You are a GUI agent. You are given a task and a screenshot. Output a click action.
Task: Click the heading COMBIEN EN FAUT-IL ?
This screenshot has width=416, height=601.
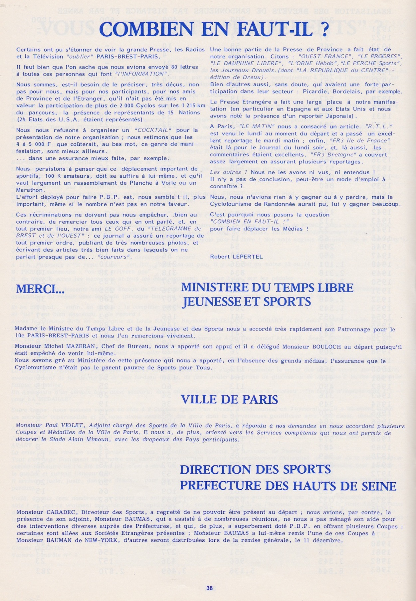pyautogui.click(x=214, y=29)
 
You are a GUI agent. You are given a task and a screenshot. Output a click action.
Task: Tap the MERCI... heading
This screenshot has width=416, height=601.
pyautogui.click(x=41, y=289)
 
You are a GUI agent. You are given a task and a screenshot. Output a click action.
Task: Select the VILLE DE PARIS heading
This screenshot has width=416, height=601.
pyautogui.click(x=230, y=399)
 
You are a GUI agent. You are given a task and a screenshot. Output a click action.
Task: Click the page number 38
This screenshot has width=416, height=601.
pyautogui.click(x=209, y=588)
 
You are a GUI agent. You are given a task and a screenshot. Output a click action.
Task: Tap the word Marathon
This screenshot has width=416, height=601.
pyautogui.click(x=29, y=190)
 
